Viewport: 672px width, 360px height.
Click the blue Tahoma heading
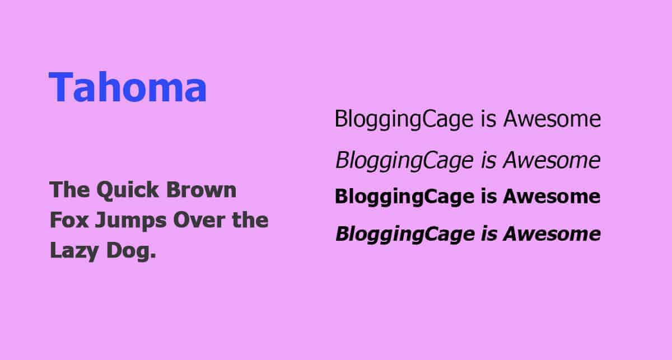tap(128, 87)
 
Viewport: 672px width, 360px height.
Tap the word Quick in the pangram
tap(128, 190)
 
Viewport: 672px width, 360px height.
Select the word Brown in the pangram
tap(201, 190)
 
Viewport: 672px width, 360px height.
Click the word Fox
tap(69, 220)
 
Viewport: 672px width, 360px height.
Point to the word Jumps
tap(130, 221)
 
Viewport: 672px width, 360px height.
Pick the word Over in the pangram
tap(199, 220)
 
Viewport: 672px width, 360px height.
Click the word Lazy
tap(74, 251)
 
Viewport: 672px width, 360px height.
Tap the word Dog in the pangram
tap(132, 251)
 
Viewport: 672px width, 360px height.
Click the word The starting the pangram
tap(70, 190)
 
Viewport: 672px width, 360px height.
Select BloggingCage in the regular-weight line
tap(404, 120)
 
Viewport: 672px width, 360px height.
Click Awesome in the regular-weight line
tap(552, 119)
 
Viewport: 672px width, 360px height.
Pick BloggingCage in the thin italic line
tap(405, 161)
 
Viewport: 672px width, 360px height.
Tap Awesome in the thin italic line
tap(552, 160)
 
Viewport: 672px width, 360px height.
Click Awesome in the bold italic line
tap(552, 233)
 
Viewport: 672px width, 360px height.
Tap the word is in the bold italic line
tap(489, 233)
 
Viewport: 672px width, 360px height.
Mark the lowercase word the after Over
tap(250, 220)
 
